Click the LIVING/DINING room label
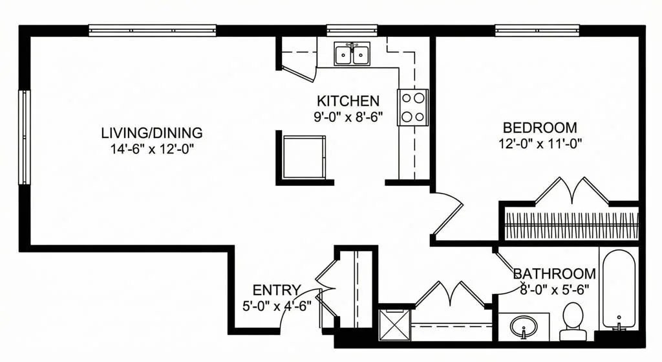pos(151,133)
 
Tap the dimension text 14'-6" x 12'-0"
pos(151,148)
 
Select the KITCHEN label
pos(347,101)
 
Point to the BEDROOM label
pos(539,128)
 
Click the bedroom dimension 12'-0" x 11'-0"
pos(539,143)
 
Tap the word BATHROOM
pos(554,274)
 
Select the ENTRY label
pos(276,289)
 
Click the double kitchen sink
pos(352,54)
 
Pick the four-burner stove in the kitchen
pos(412,107)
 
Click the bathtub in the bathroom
pos(618,288)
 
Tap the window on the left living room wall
pos(24,137)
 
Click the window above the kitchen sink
pos(352,30)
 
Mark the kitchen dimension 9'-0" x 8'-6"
pos(347,117)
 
